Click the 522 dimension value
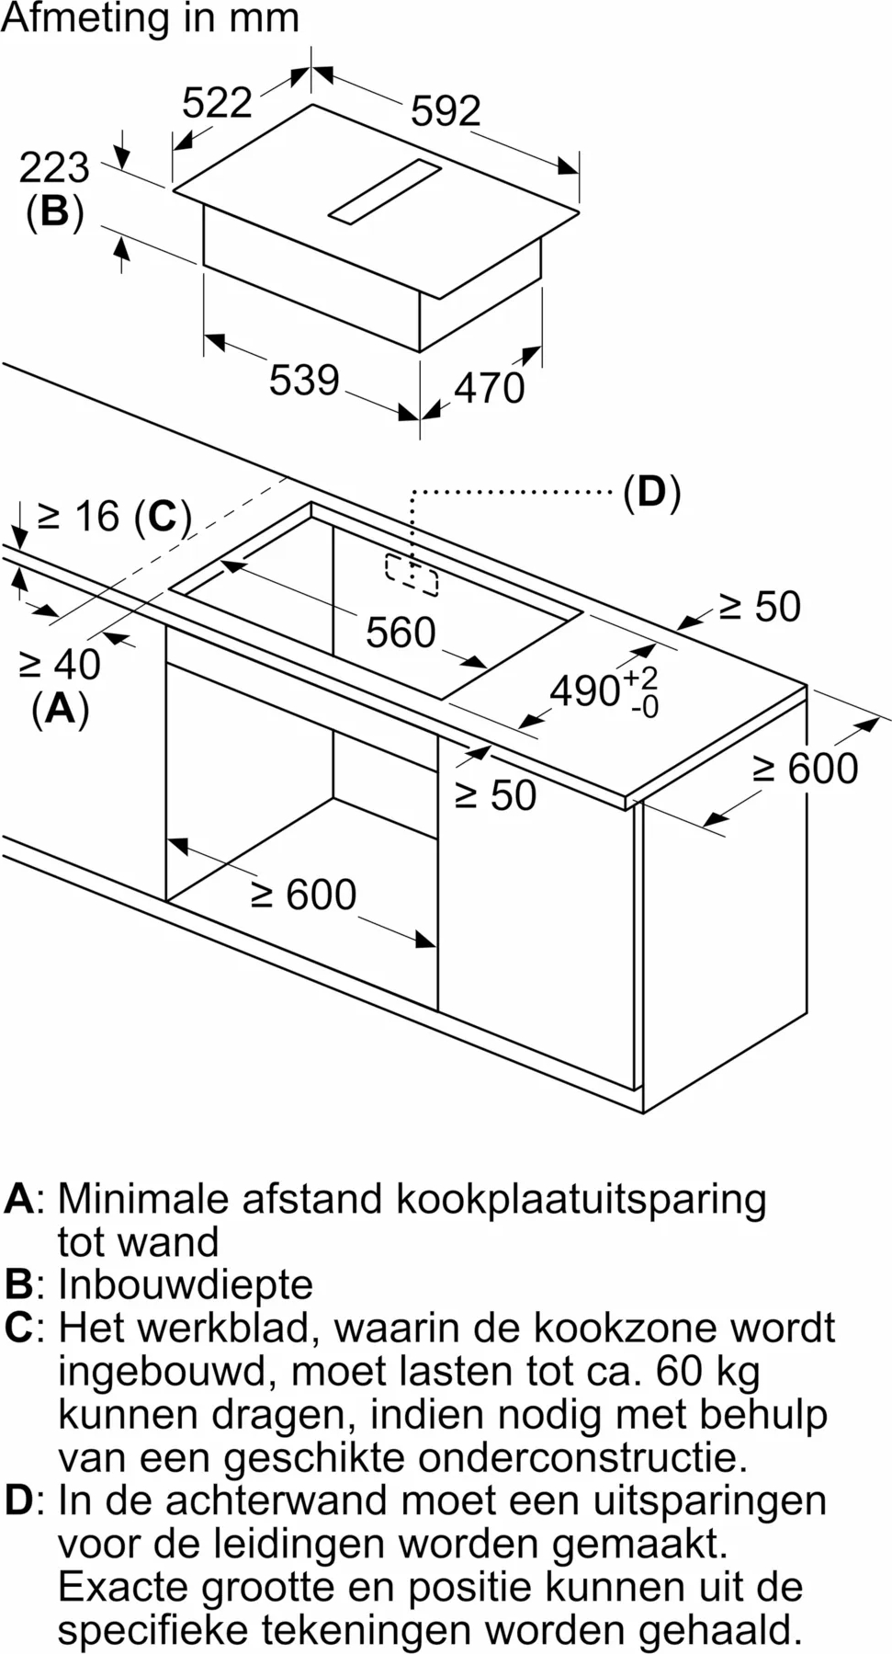coord(217,102)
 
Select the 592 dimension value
coord(446,111)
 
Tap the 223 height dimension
coord(54,167)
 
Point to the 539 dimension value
coord(304,380)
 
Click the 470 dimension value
coord(490,388)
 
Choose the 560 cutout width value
coord(401,633)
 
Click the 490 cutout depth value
coord(585,691)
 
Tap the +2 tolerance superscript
coord(641,679)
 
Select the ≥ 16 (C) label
coord(115,517)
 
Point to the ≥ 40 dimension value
coord(60,664)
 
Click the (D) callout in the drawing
coord(651,493)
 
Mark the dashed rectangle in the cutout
coord(412,575)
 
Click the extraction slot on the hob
coord(385,190)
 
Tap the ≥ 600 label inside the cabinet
coord(304,895)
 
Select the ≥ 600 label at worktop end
coord(806,769)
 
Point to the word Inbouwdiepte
coord(186,1284)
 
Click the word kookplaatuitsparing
coord(581,1201)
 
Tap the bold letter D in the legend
coord(18,1500)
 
